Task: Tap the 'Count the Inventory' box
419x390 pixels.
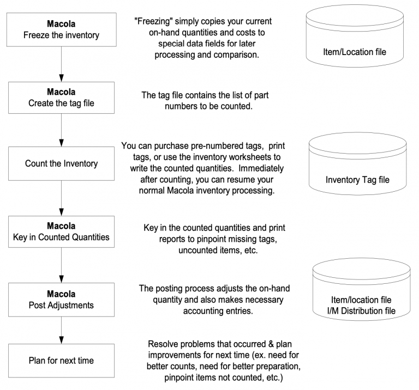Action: pos(61,163)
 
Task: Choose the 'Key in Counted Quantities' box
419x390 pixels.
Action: pos(61,231)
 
